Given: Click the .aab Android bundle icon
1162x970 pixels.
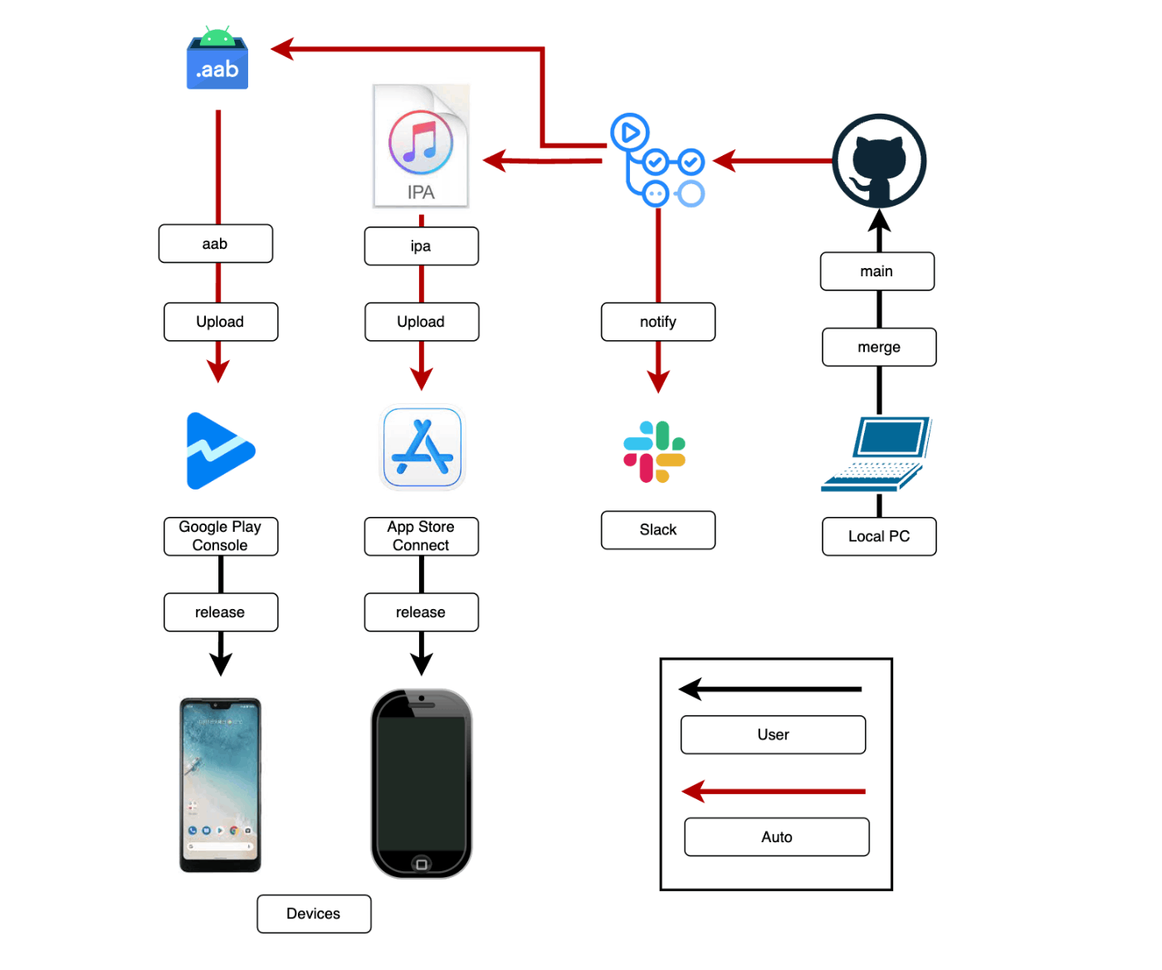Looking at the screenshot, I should (217, 60).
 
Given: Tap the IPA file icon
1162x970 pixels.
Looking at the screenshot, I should (421, 146).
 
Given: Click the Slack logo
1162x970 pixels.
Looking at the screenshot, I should (655, 451).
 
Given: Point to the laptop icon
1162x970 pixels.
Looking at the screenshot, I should (876, 454).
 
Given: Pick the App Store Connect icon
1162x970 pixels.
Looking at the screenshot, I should (422, 447).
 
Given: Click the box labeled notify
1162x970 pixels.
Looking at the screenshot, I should (658, 322).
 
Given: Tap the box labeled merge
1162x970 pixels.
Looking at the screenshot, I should (879, 347).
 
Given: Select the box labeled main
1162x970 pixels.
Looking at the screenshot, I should (877, 271).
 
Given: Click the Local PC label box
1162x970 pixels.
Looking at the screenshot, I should (879, 537).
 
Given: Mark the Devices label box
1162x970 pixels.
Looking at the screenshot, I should (314, 914).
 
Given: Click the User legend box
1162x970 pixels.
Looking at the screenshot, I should (773, 735).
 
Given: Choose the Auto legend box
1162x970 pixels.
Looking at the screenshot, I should (777, 837).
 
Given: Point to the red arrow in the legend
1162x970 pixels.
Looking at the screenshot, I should (774, 792).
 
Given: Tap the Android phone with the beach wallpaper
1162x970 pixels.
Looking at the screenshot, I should (221, 785).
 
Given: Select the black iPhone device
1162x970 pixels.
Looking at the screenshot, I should (422, 783).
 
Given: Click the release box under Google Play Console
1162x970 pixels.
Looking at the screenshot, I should (221, 612).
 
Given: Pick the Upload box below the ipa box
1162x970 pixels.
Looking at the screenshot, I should (422, 322).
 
